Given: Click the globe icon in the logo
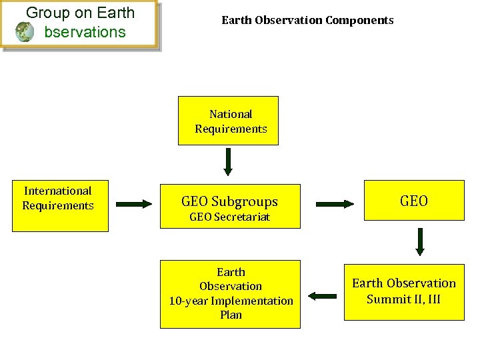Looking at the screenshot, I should coord(25,31).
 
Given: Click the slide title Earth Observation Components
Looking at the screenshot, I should coord(307,20).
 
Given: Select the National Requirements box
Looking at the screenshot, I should coord(228,121).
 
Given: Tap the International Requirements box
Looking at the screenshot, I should coord(60,205).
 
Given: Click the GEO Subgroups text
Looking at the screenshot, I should coord(229,201).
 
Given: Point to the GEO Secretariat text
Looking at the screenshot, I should coord(229,217).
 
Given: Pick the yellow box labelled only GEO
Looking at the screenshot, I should coord(413,200).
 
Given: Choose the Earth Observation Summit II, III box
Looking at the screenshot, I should coord(403,291).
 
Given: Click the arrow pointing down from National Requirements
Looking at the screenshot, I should coord(228,162).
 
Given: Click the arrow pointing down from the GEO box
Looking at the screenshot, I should coord(419,241).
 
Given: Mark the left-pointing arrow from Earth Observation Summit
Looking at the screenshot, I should coord(323,295).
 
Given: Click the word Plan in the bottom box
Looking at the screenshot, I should coord(231,315).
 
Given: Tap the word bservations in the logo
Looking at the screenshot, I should coord(85,31).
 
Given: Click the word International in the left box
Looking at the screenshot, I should coord(57,191).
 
